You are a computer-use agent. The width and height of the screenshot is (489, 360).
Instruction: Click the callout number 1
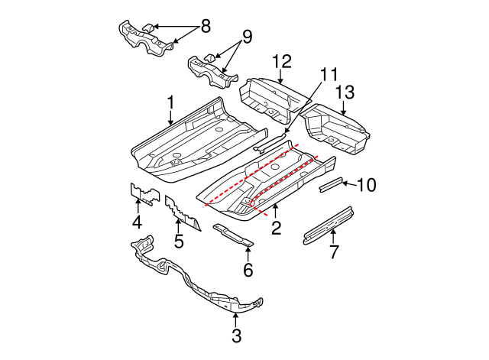click(x=171, y=102)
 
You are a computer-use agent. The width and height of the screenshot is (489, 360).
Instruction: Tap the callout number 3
click(x=236, y=335)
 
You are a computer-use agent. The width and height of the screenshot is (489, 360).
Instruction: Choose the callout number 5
click(x=179, y=243)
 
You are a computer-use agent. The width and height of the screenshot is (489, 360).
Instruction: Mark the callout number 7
click(x=333, y=251)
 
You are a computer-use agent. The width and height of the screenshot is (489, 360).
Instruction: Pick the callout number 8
click(x=205, y=27)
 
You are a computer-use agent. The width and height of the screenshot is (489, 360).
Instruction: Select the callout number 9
click(x=246, y=36)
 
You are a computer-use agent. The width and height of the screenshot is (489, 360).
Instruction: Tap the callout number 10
click(x=366, y=184)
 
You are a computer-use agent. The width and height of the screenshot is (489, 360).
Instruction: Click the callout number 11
click(x=329, y=75)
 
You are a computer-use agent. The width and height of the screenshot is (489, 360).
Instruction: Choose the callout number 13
click(x=345, y=92)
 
